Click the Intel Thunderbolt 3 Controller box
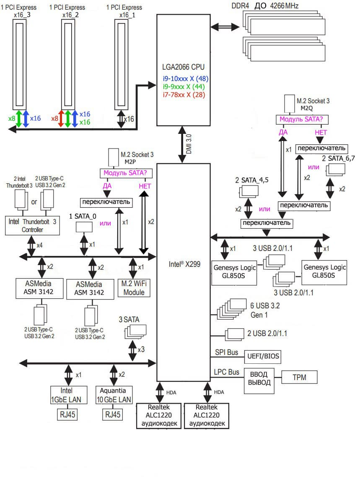[x=32, y=225]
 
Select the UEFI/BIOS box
[x=262, y=357]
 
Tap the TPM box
[x=300, y=378]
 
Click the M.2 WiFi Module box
[x=134, y=288]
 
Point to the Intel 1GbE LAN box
[x=69, y=394]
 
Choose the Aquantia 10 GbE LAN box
[x=114, y=394]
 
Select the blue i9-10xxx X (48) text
[x=186, y=78]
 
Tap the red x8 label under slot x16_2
[x=54, y=119]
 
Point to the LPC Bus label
[x=227, y=372]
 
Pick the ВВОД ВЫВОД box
[x=259, y=378]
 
